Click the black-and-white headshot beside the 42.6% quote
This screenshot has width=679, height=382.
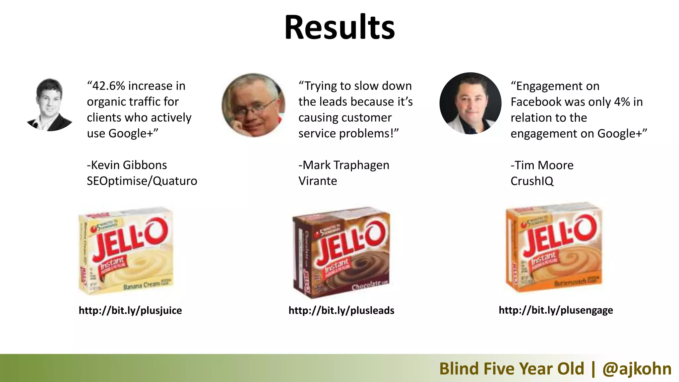[x=50, y=104]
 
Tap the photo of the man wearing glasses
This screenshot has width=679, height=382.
[x=253, y=105]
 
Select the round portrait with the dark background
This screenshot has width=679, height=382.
[x=470, y=103]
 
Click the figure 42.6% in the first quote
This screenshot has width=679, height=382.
[x=109, y=86]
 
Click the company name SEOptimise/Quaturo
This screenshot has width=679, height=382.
[x=142, y=181]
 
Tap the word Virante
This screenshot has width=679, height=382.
[x=318, y=181]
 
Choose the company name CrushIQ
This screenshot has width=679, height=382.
[x=532, y=181]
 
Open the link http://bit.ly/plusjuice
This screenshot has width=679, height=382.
[x=130, y=310]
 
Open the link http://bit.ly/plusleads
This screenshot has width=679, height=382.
[x=341, y=310]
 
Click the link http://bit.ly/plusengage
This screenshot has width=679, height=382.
[x=556, y=310]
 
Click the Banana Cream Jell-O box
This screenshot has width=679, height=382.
[x=126, y=250]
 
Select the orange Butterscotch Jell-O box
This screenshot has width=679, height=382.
[x=554, y=247]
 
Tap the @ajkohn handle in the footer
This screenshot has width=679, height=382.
[x=637, y=369]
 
